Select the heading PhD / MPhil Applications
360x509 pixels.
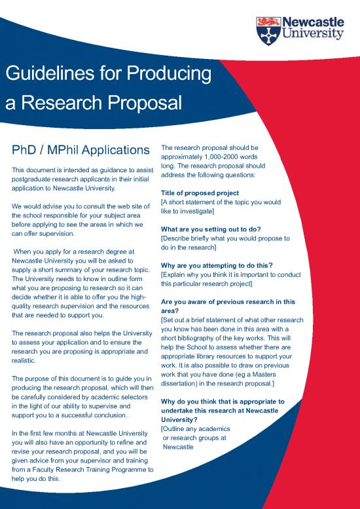(79, 150)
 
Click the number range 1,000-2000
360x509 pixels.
(225, 157)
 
